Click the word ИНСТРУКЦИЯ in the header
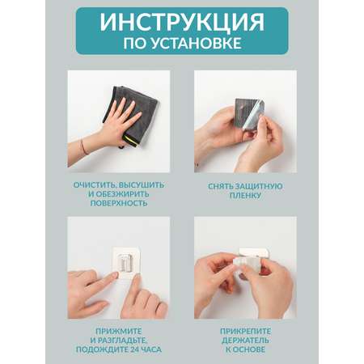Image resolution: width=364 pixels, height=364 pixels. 182,22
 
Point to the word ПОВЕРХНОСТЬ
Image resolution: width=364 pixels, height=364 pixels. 119,203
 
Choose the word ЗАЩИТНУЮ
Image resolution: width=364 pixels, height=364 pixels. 259,186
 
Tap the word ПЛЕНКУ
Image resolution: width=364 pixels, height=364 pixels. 245,195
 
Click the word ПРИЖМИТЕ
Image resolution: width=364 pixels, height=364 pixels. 119,331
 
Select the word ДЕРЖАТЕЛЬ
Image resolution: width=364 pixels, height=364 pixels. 245,341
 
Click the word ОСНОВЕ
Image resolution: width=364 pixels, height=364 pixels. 248,349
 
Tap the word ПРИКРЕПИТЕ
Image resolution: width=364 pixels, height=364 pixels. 245,331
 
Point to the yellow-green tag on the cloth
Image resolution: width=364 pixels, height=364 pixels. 130,141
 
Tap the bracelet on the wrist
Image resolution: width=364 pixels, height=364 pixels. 84,146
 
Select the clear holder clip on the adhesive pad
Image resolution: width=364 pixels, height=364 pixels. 126,262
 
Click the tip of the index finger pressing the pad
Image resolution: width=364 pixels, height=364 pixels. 114,275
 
